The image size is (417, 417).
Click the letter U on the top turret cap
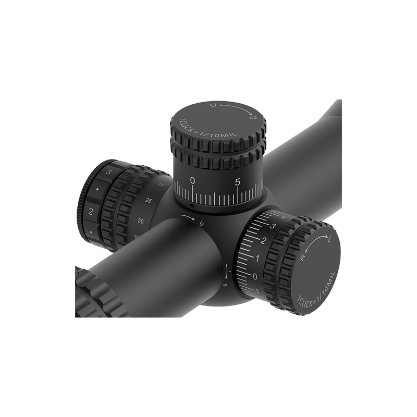212,106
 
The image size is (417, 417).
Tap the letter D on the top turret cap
253,118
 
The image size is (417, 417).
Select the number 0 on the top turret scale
193,181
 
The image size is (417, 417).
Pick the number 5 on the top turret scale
238,182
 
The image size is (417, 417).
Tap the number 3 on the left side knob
108,171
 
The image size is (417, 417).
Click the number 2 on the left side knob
92,211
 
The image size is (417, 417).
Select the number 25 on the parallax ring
149,201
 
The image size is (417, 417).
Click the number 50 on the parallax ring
141,221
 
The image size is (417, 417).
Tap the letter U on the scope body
201,223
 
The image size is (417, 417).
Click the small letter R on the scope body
225,285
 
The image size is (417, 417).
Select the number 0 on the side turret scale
255,276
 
